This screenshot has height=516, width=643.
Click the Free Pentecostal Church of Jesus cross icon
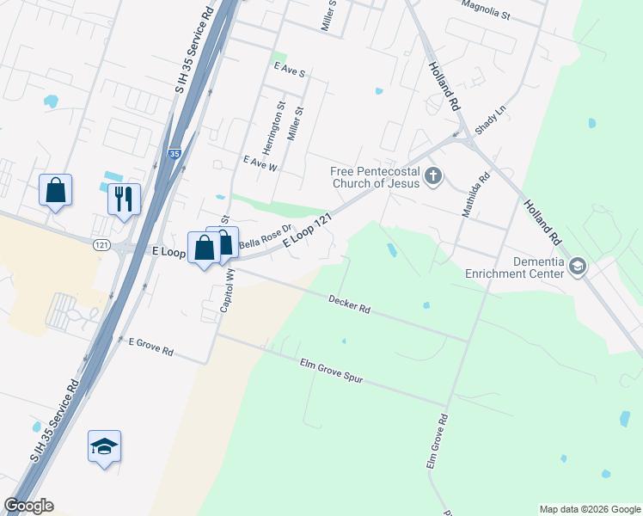[x=433, y=178]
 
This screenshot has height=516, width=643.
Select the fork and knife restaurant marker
[x=124, y=200]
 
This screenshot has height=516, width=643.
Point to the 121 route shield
[x=101, y=245]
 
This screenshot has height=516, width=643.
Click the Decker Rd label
[x=349, y=304]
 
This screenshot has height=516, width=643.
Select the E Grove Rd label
[x=151, y=347]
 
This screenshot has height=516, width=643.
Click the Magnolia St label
[x=486, y=9]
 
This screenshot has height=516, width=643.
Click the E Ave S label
[x=289, y=70]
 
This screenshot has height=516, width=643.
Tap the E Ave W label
[x=260, y=163]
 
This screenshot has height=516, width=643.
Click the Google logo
[x=28, y=506]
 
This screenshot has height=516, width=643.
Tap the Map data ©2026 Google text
[x=589, y=509]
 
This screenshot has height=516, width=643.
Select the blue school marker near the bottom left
[x=104, y=446]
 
